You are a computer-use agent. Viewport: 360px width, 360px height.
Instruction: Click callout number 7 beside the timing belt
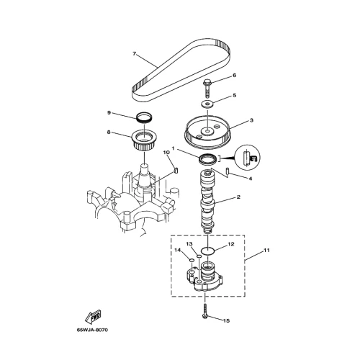[x=135, y=53]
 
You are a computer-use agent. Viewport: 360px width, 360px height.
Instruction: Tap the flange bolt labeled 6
[x=207, y=89]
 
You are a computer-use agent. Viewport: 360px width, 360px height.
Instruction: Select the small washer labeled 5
[x=207, y=104]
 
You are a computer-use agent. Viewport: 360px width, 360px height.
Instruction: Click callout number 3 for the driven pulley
[x=251, y=120]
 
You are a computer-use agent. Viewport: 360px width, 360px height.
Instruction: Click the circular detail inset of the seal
[x=247, y=158]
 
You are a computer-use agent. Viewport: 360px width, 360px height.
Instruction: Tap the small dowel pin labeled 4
[x=228, y=172]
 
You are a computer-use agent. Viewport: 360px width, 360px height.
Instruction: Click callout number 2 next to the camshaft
[x=238, y=197]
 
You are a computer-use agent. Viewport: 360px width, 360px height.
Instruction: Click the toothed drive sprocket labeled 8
[x=144, y=141]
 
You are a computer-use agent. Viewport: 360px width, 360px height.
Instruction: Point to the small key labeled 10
[x=176, y=170]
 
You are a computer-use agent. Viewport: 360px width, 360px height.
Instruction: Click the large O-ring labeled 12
[x=207, y=251]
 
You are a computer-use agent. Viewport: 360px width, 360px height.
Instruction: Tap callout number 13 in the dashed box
[x=189, y=244]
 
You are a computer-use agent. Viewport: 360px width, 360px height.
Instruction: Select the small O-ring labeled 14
[x=192, y=260]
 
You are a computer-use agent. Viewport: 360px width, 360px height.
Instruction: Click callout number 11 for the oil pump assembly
[x=266, y=250]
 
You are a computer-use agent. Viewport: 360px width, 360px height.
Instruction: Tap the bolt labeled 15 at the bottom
[x=205, y=311]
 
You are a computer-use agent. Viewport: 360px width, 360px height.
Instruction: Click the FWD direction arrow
[x=93, y=316]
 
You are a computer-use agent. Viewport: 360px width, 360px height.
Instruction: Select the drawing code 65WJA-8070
[x=92, y=330]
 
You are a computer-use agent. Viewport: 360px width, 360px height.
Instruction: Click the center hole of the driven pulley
[x=207, y=131]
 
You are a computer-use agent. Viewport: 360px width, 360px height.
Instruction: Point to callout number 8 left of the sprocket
[x=109, y=132]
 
